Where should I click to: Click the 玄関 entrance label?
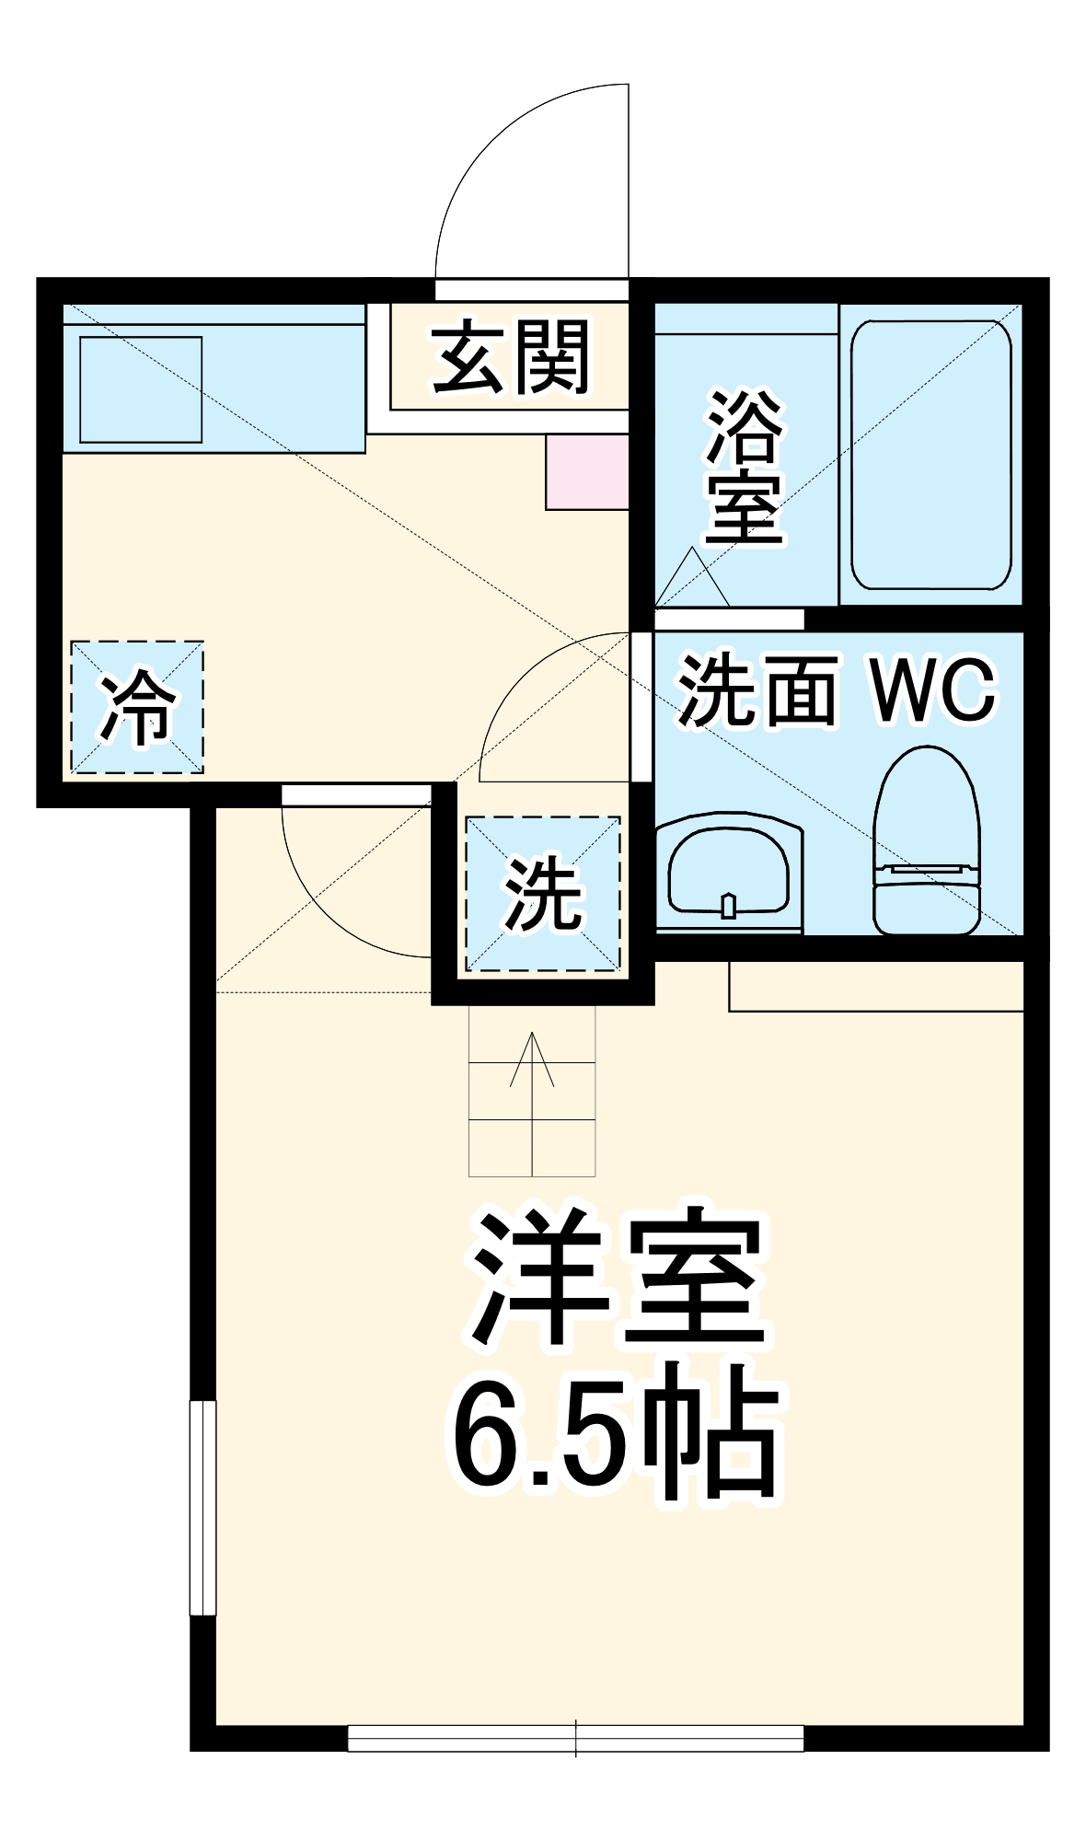click(x=512, y=357)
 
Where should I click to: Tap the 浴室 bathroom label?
click(x=745, y=467)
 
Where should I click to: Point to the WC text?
click(x=933, y=689)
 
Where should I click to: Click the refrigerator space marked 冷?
click(x=137, y=707)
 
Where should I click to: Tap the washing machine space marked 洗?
click(x=543, y=893)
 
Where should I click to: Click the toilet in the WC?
click(x=926, y=839)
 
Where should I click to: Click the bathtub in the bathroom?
click(x=930, y=455)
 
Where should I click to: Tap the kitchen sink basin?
click(x=141, y=389)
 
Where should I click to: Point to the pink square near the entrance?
click(x=587, y=472)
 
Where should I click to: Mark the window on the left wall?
click(x=202, y=1508)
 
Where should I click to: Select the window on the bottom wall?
click(x=575, y=1738)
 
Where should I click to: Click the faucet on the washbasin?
click(x=729, y=906)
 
